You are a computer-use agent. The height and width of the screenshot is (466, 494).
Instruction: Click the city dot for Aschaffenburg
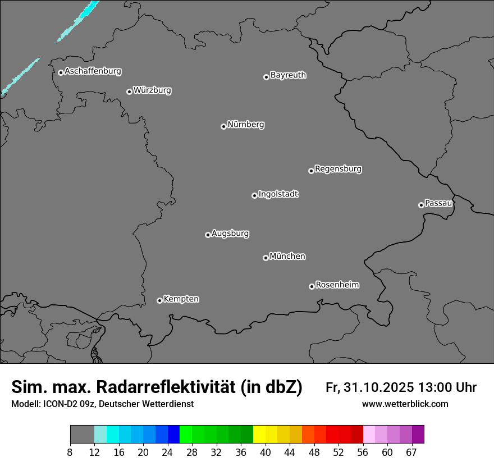61,72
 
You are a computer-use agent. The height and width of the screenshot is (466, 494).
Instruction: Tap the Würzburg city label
152,90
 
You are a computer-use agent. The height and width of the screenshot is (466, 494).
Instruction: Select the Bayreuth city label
288,75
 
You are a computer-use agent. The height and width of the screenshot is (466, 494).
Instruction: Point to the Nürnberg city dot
223,126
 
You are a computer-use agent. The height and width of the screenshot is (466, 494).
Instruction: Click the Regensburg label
338,169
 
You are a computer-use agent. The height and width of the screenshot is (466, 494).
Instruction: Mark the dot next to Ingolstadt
254,195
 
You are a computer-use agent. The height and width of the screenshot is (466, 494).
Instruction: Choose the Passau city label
438,203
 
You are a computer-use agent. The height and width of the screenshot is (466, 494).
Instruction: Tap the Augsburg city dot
208,235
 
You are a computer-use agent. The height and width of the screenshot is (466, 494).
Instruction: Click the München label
287,257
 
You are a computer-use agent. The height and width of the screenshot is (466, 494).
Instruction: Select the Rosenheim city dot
312,287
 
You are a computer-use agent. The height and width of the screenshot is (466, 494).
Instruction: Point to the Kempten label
181,299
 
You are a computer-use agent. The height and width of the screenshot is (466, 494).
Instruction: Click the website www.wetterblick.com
405,404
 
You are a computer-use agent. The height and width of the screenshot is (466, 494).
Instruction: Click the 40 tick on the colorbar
266,453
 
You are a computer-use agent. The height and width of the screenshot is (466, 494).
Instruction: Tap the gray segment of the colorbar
82,435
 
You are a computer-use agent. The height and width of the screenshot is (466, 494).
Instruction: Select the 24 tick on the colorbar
167,453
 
